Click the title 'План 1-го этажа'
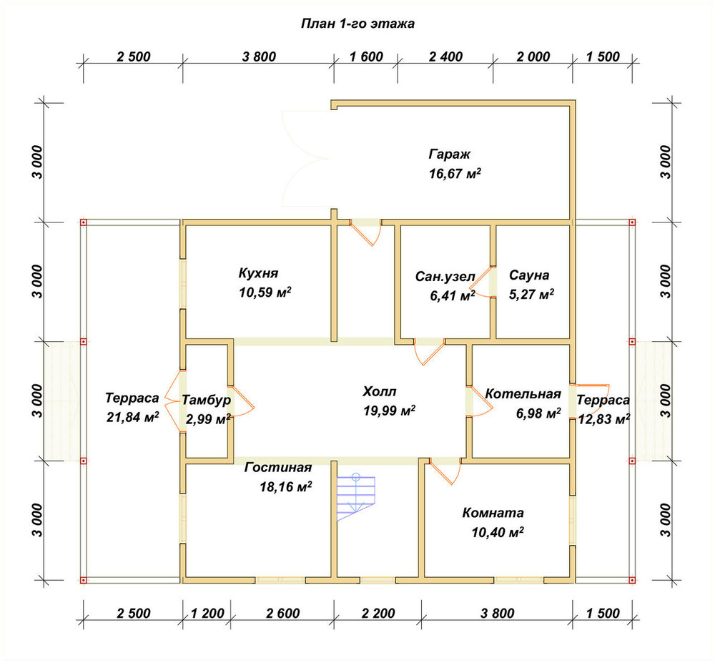tap(357, 24)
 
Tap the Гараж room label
tap(449, 154)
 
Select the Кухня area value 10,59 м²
tap(265, 293)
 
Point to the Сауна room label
tap(529, 275)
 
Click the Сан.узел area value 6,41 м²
tap(453, 296)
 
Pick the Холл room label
tap(380, 391)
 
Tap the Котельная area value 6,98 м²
tap(538, 413)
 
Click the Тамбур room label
tap(206, 400)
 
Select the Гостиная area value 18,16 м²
tap(286, 487)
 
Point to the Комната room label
tap(493, 513)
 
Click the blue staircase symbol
tap(355, 498)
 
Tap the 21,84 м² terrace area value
tap(133, 417)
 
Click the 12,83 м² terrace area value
tap(604, 418)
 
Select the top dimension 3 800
tap(259, 57)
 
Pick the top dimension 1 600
tap(366, 57)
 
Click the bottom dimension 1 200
tap(207, 614)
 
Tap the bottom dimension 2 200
tap(378, 614)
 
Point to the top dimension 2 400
tap(445, 57)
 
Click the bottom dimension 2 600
tap(282, 614)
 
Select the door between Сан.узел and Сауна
tap(486, 282)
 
